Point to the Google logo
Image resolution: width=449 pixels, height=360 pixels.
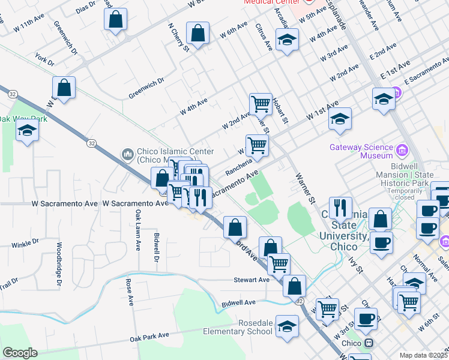(19, 353)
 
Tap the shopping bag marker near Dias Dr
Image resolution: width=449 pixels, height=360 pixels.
(116, 19)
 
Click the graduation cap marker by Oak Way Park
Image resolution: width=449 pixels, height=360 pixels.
(27, 130)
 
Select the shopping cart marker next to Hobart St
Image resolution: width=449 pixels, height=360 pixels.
(261, 103)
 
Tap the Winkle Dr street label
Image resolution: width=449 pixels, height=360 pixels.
(25, 243)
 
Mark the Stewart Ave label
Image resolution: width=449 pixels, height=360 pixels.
(252, 280)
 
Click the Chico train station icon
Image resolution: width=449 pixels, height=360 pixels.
(370, 343)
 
